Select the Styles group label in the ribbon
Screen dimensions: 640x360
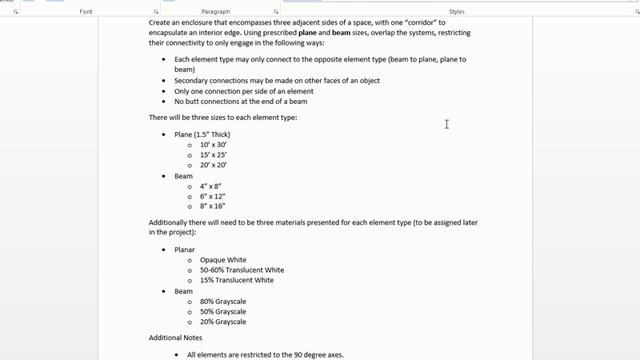(457, 11)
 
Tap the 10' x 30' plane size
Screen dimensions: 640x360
(214, 144)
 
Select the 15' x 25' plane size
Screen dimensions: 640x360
(214, 154)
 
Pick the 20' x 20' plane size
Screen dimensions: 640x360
(214, 165)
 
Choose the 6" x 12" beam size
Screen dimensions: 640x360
(213, 196)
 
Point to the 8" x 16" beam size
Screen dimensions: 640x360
(213, 207)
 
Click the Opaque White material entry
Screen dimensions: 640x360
(223, 260)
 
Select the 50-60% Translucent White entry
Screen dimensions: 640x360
(241, 270)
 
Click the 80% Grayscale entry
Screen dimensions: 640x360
(223, 301)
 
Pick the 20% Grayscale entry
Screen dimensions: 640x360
(223, 322)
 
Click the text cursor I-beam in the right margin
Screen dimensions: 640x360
(446, 124)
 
